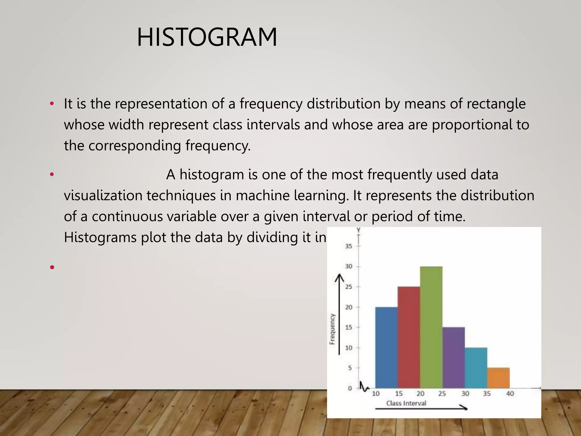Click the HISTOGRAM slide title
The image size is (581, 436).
click(207, 37)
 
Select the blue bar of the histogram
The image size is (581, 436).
click(386, 347)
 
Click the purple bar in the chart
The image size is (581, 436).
click(453, 358)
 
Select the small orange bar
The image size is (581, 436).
click(498, 378)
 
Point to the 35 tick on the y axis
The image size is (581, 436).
click(349, 246)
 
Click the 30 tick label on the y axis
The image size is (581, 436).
click(349, 266)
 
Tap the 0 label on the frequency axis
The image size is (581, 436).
click(350, 388)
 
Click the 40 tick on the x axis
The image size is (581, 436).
click(510, 394)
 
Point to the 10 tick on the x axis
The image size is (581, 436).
click(376, 394)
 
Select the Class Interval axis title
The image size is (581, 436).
click(406, 403)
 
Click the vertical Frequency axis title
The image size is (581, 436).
click(332, 329)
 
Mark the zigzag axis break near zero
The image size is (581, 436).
click(363, 387)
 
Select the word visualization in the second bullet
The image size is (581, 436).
click(103, 196)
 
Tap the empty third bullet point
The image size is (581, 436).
click(52, 267)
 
